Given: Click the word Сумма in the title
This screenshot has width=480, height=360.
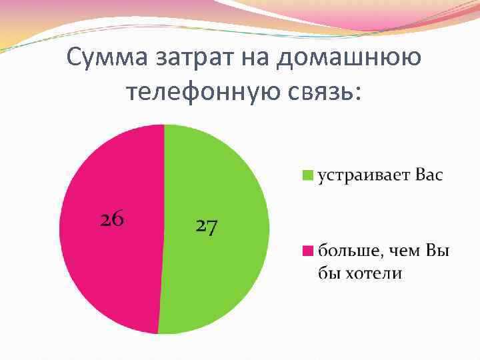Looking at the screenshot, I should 107,59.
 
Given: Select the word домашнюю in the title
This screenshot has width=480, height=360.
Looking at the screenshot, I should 350,59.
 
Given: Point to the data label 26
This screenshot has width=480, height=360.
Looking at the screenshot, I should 112,219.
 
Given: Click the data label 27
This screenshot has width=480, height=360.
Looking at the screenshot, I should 207,227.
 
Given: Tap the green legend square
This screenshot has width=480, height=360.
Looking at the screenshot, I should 308,175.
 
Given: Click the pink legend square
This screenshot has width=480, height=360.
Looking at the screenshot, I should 308,251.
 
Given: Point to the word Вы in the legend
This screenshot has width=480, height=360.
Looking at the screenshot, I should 438,251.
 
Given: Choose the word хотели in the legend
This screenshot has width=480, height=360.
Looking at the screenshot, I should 376,273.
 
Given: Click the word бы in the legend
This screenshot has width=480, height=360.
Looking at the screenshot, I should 327,273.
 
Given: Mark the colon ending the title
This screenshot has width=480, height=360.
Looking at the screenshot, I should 359,93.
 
